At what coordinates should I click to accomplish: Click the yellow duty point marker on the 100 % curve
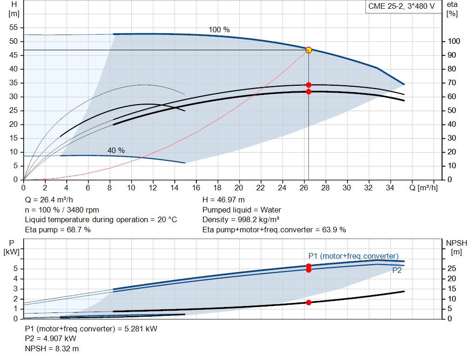click(x=308, y=50)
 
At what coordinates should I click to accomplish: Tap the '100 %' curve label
click(x=219, y=30)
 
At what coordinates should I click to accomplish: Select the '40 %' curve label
click(x=116, y=150)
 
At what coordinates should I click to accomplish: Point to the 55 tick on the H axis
click(x=14, y=28)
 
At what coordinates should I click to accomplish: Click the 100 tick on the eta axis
click(x=454, y=41)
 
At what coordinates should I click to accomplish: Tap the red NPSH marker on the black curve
click(x=308, y=302)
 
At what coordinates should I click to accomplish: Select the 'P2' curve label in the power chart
click(x=397, y=271)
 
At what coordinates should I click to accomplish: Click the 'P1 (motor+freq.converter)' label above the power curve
click(x=354, y=256)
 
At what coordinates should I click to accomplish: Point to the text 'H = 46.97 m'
click(x=224, y=200)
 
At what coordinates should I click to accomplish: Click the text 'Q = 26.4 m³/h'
click(x=49, y=200)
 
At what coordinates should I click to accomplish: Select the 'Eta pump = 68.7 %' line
click(x=58, y=230)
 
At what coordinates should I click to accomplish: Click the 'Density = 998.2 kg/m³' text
click(x=242, y=219)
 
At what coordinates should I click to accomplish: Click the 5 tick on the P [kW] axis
click(x=16, y=268)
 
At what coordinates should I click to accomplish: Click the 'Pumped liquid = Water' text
click(x=242, y=210)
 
